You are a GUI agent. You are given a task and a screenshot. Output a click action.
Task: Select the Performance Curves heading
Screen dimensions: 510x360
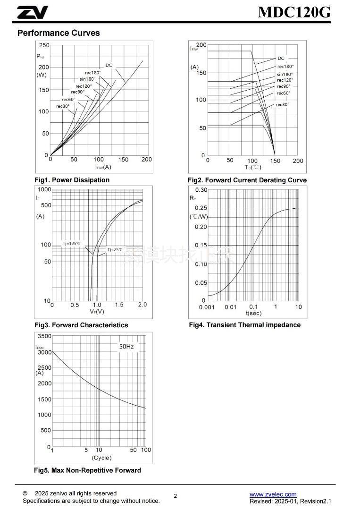(59, 33)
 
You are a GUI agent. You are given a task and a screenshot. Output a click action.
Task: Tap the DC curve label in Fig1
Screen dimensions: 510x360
(109, 65)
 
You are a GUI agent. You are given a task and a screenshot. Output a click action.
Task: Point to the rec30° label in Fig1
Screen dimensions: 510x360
(63, 106)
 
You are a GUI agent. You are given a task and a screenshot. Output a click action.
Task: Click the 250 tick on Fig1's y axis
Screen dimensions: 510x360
(44, 45)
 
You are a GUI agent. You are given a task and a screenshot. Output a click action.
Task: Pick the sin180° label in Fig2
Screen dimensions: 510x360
(285, 74)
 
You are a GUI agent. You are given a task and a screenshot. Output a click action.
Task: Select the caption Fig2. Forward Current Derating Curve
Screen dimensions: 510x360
(247, 180)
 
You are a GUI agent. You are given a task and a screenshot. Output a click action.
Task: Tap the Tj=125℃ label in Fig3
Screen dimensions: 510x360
(71, 244)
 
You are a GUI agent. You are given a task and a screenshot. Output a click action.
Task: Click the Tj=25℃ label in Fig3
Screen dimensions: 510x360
(115, 250)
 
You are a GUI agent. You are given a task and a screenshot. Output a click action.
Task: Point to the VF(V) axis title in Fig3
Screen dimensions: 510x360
(97, 312)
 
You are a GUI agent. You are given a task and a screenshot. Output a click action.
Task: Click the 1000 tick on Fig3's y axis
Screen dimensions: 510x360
(44, 189)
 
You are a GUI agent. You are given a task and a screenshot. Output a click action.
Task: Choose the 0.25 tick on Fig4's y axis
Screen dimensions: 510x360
(201, 208)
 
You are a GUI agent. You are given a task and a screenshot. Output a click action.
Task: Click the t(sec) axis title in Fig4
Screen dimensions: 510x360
(253, 314)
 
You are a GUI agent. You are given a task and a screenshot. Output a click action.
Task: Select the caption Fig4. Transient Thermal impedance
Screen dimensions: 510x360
(244, 325)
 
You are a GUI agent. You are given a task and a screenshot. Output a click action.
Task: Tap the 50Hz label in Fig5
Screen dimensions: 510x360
(126, 347)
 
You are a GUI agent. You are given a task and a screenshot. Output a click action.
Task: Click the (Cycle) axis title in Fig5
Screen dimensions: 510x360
(101, 458)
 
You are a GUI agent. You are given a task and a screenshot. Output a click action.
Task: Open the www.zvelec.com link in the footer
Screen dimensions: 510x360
(273, 494)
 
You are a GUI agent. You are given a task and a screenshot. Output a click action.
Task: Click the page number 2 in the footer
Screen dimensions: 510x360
(176, 496)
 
